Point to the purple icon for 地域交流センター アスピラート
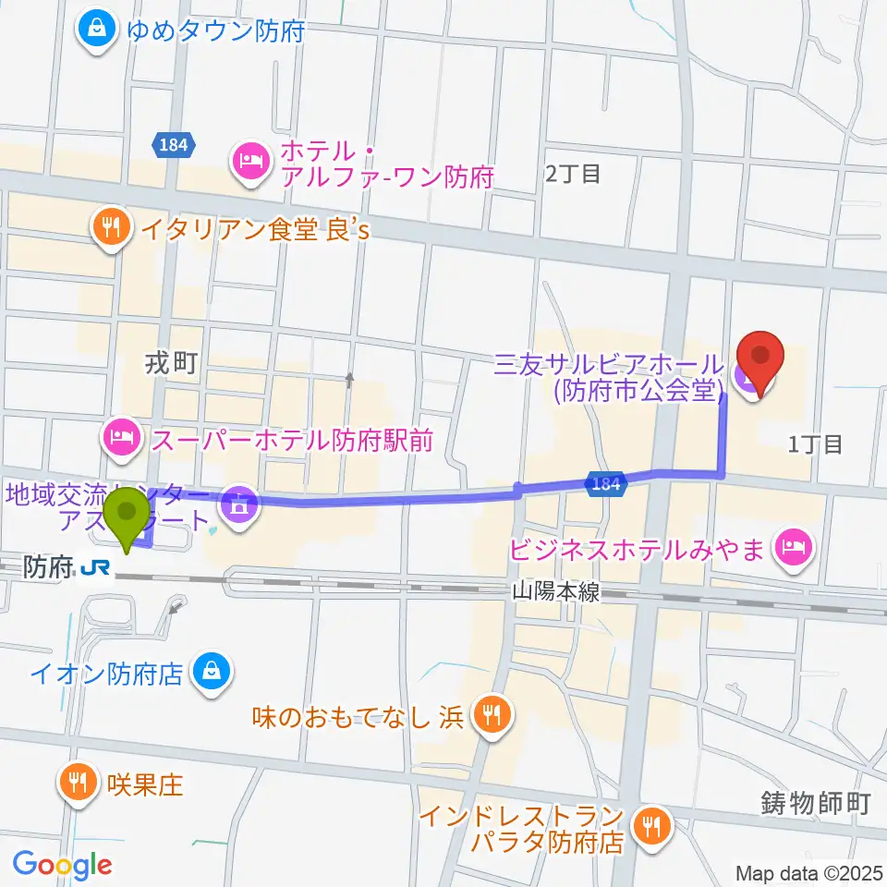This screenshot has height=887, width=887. [240, 504]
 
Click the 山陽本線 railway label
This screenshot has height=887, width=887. [556, 592]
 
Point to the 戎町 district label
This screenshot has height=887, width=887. [171, 364]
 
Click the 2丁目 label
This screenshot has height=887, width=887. [573, 173]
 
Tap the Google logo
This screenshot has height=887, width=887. [62, 864]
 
